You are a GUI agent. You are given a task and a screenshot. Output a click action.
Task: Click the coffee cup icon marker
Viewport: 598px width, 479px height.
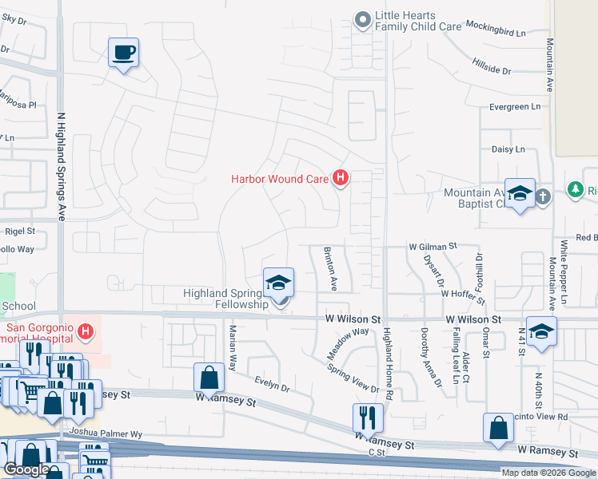(123, 53)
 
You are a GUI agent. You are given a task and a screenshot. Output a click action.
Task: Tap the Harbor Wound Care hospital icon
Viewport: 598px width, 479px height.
(341, 178)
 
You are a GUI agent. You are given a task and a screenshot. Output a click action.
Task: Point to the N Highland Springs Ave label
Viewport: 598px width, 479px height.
(61, 166)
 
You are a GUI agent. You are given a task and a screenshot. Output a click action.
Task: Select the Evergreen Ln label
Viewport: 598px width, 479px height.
(514, 107)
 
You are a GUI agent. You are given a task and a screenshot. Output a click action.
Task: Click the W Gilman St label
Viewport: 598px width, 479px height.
(433, 247)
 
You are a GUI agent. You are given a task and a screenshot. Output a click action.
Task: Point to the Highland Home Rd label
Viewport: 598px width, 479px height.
(388, 362)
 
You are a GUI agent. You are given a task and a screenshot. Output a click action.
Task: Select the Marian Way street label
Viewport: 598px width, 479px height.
(233, 348)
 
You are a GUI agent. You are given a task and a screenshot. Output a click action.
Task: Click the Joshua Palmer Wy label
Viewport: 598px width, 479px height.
(106, 433)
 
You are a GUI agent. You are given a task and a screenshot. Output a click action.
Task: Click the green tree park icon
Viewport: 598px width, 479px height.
(574, 189)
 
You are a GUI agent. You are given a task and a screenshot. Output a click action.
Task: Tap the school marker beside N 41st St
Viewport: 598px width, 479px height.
(541, 332)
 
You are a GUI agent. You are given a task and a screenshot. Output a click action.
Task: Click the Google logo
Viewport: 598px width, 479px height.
(27, 470)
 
